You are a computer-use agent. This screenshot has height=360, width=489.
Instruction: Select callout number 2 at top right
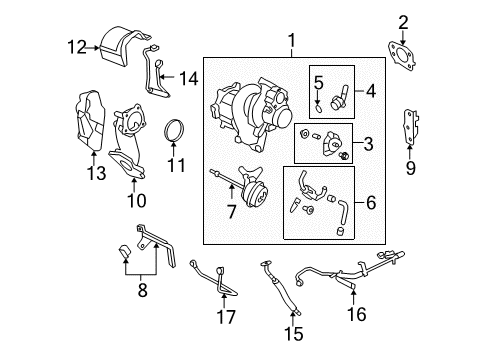[x=405, y=21]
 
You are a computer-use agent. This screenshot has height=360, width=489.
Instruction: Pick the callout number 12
[x=77, y=44]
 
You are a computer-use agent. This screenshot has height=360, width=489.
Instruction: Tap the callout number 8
[x=142, y=292]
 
